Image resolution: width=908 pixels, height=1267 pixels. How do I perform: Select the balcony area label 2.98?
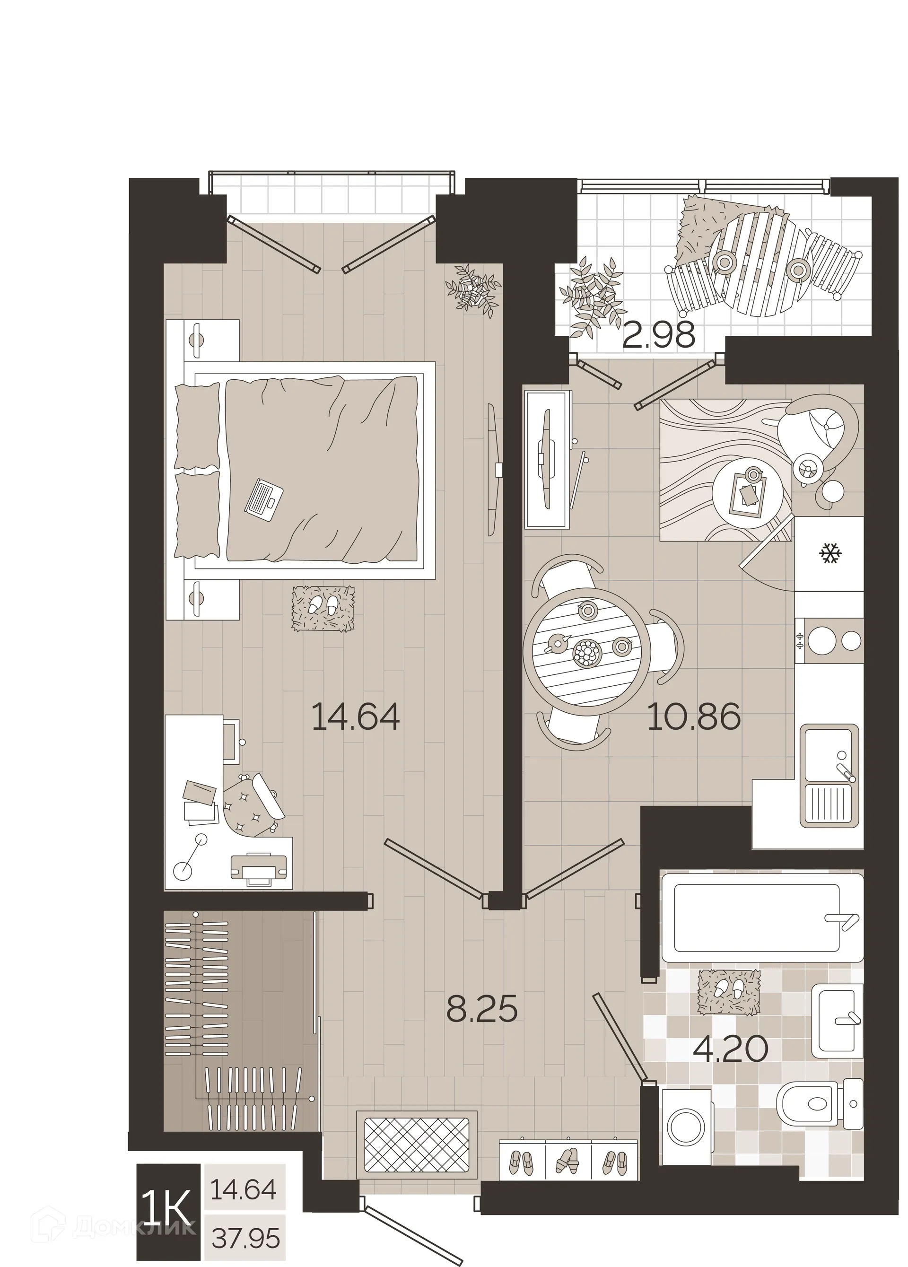[x=659, y=336]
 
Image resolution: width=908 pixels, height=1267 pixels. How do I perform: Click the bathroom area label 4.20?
[x=730, y=1050]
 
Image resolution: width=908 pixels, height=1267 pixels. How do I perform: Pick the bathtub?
[x=761, y=919]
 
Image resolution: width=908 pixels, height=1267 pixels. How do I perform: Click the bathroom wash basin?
[x=837, y=1021]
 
